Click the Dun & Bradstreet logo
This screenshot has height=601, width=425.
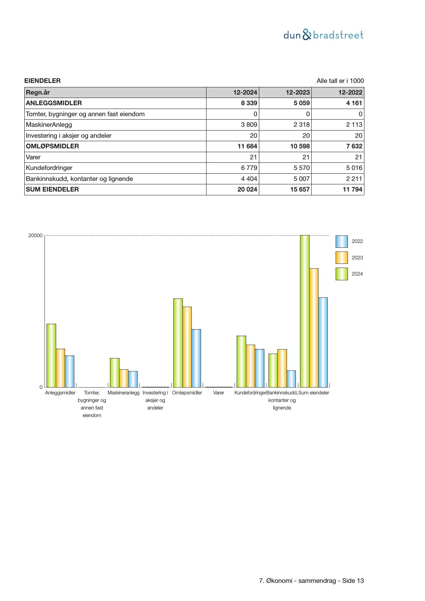tap(323, 35)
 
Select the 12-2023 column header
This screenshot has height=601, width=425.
tap(298, 92)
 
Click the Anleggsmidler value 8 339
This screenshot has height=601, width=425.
tap(249, 103)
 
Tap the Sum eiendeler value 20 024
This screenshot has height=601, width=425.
tap(247, 189)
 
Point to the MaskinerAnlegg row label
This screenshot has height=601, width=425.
tap(49, 125)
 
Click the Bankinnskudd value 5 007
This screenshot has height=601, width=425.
tap(301, 179)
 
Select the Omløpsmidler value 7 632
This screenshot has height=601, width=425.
tap(354, 146)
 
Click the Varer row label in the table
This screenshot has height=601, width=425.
tap(33, 157)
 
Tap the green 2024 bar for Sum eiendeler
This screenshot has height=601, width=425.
tap(304, 311)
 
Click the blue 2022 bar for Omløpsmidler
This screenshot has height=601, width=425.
tap(196, 358)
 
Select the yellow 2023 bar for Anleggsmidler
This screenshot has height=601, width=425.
tap(60, 368)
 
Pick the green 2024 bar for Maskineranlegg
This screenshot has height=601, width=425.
tap(114, 372)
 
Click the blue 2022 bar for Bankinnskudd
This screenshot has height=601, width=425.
tap(291, 379)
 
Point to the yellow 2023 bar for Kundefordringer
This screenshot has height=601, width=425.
tap(250, 366)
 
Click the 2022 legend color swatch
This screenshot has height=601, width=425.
tap(341, 242)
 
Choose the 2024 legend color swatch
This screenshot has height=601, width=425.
tap(341, 274)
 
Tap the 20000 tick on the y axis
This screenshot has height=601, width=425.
tap(35, 235)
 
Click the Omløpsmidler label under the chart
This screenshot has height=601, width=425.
tap(187, 393)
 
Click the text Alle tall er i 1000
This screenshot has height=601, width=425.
tap(340, 81)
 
